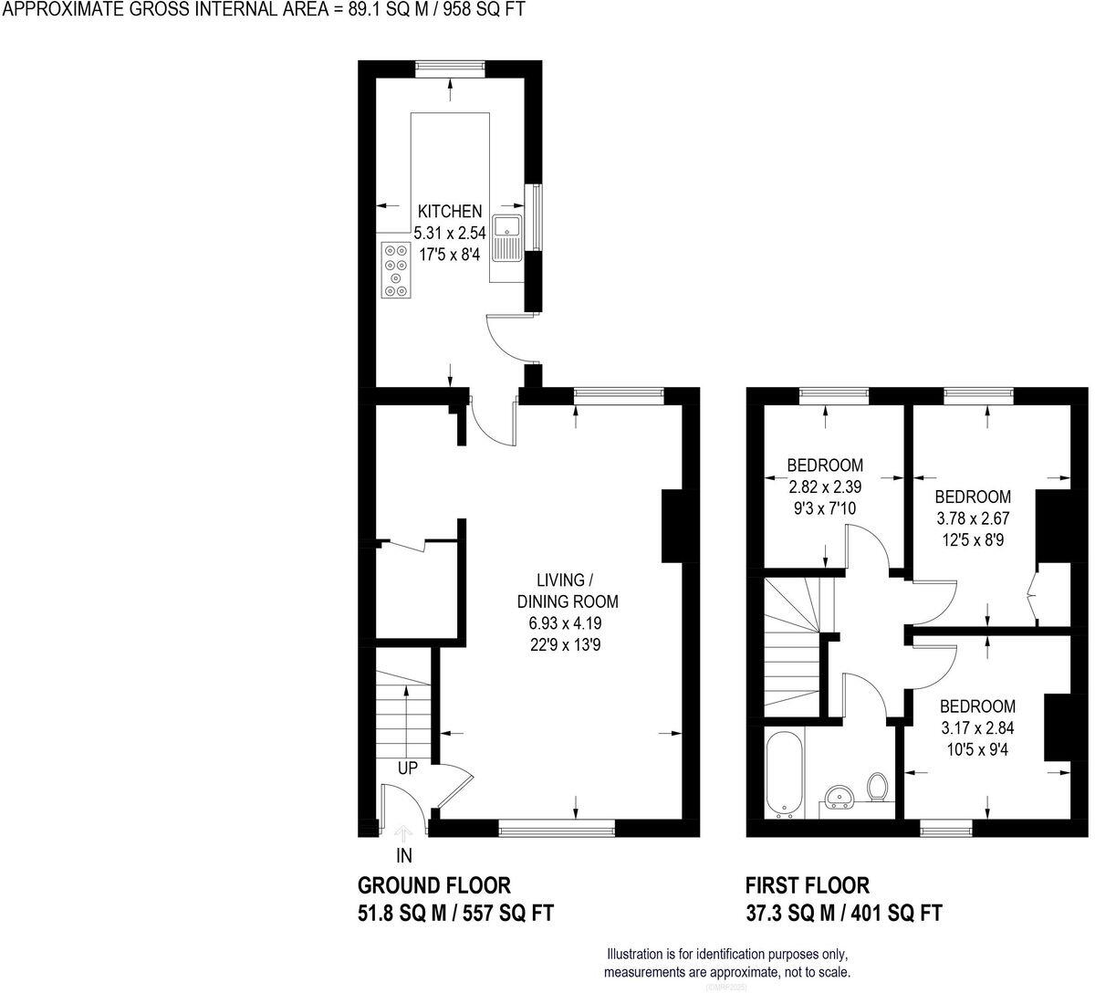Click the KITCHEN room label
point(449,211)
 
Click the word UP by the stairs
point(407,768)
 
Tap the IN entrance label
point(403,855)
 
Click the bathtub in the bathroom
point(784,775)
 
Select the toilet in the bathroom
point(879,786)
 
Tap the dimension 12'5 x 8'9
point(972,539)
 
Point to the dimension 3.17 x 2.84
point(977,728)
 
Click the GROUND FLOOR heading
point(433,884)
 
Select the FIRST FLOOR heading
point(808,884)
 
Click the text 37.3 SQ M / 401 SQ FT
point(844,912)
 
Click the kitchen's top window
point(449,67)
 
